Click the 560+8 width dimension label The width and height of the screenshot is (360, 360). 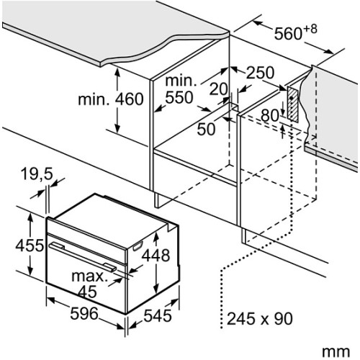pyautogui.click(x=295, y=32)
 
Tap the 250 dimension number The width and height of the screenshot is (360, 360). pyautogui.click(x=260, y=73)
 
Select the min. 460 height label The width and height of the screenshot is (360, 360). pyautogui.click(x=111, y=99)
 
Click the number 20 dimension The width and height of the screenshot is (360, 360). pyautogui.click(x=218, y=89)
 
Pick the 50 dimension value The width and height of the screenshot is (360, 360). pyautogui.click(x=206, y=129)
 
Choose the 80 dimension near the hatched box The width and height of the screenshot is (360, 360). pyautogui.click(x=270, y=115)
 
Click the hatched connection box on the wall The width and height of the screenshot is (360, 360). pyautogui.click(x=293, y=104)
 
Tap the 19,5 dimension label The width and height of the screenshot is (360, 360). pyautogui.click(x=37, y=174)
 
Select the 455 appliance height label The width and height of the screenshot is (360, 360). pyautogui.click(x=30, y=246)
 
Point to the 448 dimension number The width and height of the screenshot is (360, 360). pyautogui.click(x=156, y=255)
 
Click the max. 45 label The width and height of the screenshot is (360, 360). pyautogui.click(x=89, y=284)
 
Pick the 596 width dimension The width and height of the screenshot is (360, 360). pyautogui.click(x=84, y=313)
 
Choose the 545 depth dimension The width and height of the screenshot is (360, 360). pyautogui.click(x=158, y=315)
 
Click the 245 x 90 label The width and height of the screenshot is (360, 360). pyautogui.click(x=260, y=318)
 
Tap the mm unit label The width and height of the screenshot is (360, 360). pyautogui.click(x=336, y=352)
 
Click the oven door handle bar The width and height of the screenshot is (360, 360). pyautogui.click(x=83, y=257)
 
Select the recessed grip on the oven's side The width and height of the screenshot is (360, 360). pyautogui.click(x=138, y=246)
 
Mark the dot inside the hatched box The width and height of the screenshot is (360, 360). pyautogui.click(x=291, y=98)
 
